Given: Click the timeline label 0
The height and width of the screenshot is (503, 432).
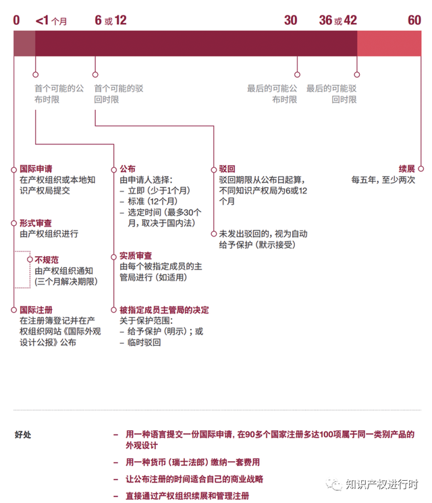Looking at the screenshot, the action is click(x=16, y=20).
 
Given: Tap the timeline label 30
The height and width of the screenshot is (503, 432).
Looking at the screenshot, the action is click(x=291, y=20).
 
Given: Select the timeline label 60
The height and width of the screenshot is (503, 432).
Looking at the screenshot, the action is click(x=414, y=20).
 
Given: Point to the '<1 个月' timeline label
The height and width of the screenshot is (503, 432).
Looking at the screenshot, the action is click(x=51, y=21).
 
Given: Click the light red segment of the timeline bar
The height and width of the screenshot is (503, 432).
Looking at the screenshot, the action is click(x=389, y=43).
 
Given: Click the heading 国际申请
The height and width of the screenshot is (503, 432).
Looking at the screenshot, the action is click(x=36, y=169).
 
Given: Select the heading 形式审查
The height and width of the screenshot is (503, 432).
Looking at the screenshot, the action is click(x=36, y=223).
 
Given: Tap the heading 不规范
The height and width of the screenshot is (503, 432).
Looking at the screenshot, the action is click(x=47, y=260).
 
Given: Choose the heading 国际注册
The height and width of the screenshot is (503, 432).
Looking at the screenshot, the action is click(x=36, y=310).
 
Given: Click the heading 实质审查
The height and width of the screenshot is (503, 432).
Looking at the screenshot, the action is click(x=136, y=256).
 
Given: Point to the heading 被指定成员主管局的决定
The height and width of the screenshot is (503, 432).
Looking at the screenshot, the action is click(x=164, y=310).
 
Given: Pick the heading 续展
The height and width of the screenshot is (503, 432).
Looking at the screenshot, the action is click(x=407, y=169).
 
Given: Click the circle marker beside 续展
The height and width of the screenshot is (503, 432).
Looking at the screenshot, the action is click(x=421, y=169).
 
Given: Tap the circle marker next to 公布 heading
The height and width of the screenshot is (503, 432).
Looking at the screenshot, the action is click(x=113, y=170).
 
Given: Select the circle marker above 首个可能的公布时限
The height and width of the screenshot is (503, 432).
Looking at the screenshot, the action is click(x=35, y=74).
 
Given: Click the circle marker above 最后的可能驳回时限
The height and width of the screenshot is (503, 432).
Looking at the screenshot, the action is click(x=357, y=74).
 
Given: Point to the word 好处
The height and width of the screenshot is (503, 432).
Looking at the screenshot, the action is click(x=23, y=435).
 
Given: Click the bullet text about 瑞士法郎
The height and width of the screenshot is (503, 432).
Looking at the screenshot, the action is click(x=193, y=463).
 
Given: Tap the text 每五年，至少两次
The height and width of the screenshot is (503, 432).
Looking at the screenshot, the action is click(x=383, y=179).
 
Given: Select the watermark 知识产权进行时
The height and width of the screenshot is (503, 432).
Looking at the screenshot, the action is click(x=382, y=484).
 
